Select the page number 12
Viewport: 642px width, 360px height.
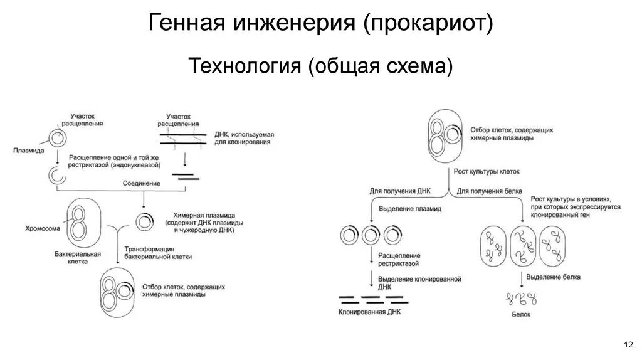coord(627,346)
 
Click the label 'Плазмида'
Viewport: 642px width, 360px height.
coord(28,151)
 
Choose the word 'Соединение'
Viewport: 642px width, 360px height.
coord(141,183)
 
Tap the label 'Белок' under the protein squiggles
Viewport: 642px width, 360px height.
coord(521,314)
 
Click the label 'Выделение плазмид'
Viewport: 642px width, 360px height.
coord(408,208)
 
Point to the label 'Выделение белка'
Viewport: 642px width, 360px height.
coord(553,277)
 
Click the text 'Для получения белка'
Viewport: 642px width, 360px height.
coord(485,190)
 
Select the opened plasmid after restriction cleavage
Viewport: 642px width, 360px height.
coord(57,176)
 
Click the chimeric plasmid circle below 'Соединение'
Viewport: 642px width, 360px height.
coord(144,221)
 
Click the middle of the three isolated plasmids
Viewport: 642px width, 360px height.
coord(371,235)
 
